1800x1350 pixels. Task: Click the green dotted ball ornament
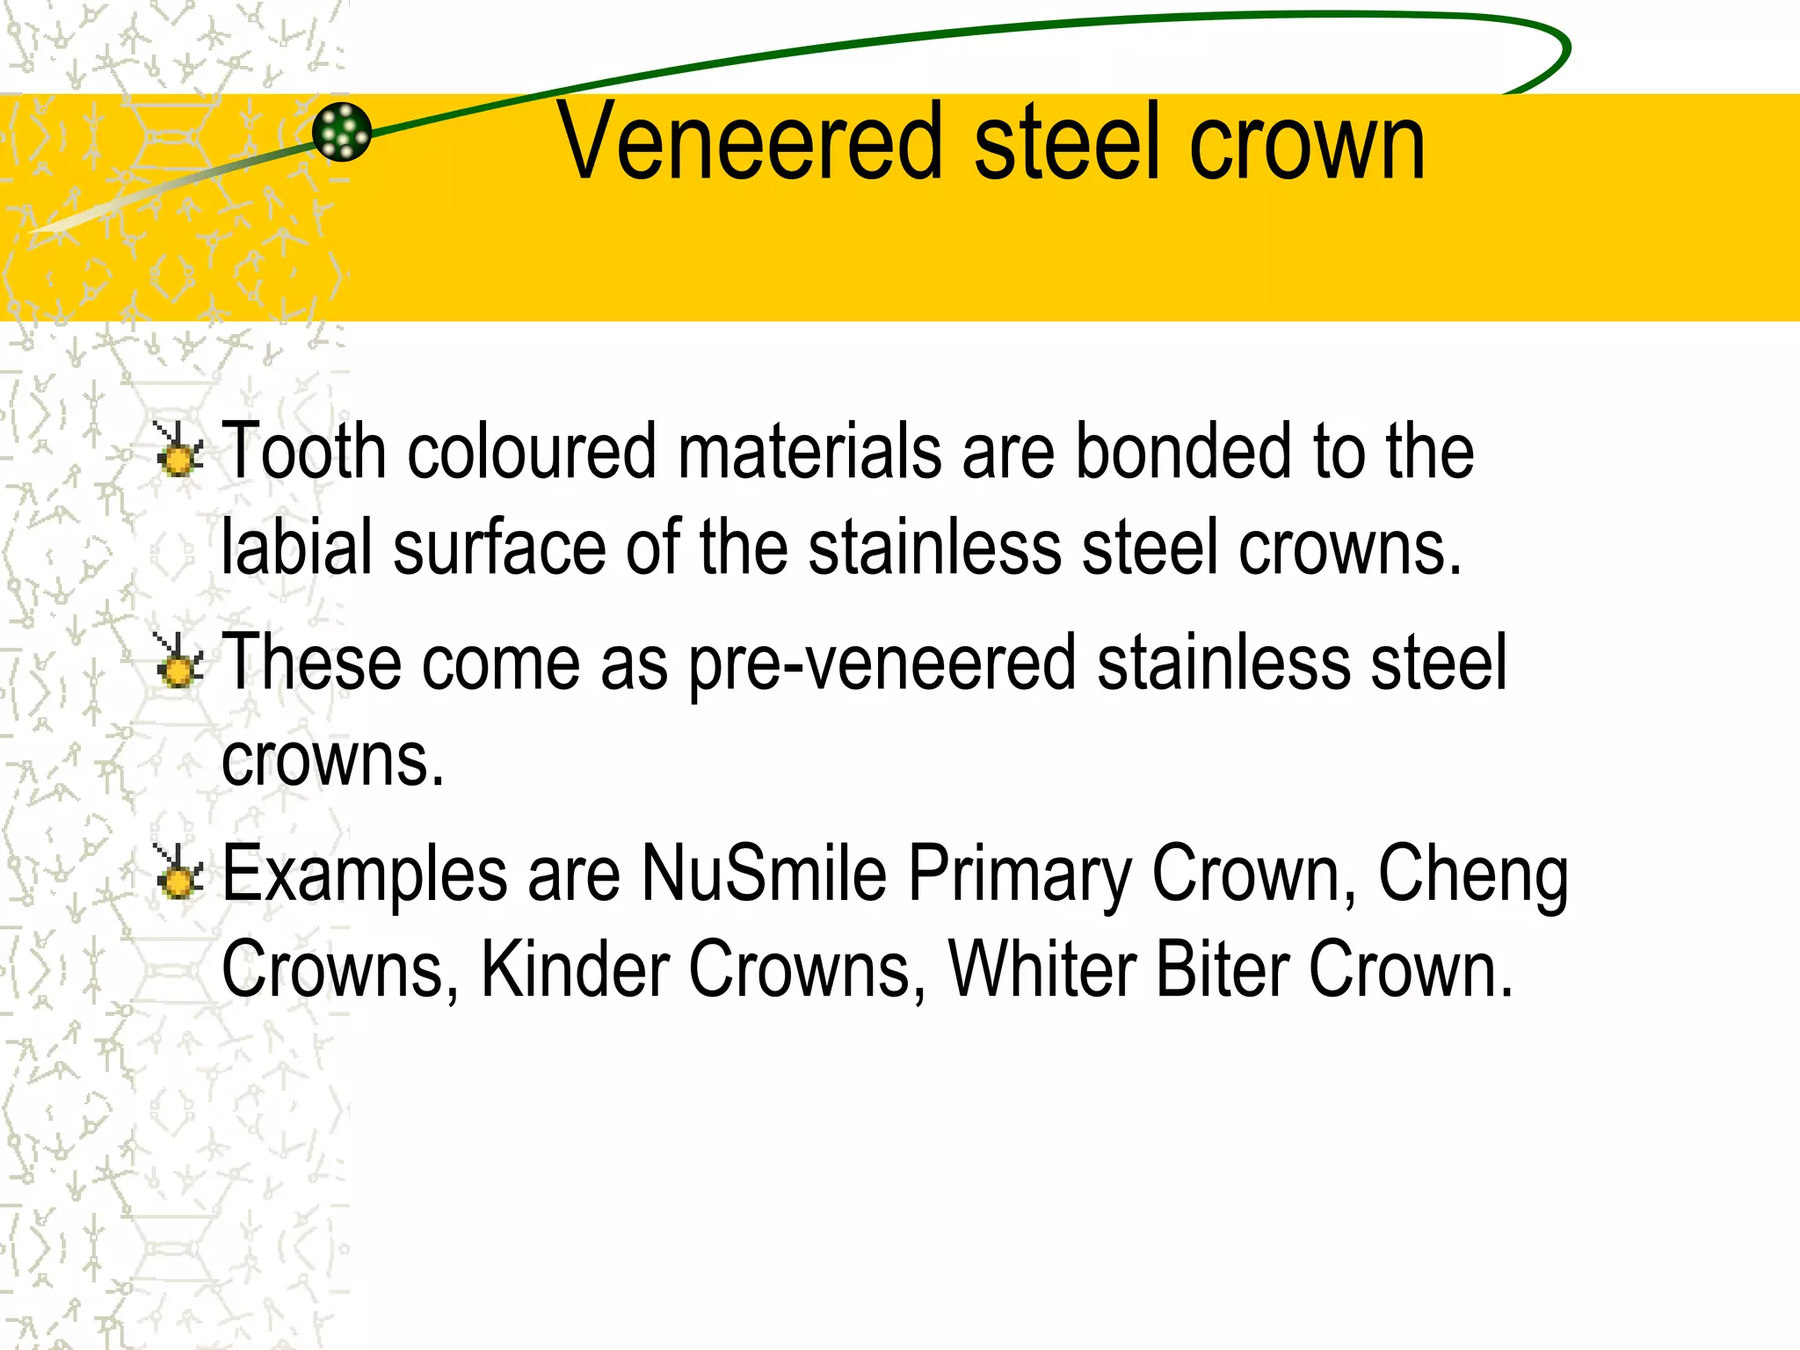[x=342, y=132]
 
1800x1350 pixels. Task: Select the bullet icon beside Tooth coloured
[x=178, y=451]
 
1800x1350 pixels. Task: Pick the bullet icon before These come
[x=178, y=662]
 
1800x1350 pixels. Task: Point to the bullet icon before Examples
[x=178, y=873]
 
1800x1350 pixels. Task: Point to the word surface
[x=500, y=548]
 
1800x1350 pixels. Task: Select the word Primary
[x=1020, y=875]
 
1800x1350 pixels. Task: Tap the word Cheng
[x=1473, y=875]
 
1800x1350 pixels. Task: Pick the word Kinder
[x=575, y=969]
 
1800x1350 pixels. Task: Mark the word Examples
[x=365, y=875]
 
